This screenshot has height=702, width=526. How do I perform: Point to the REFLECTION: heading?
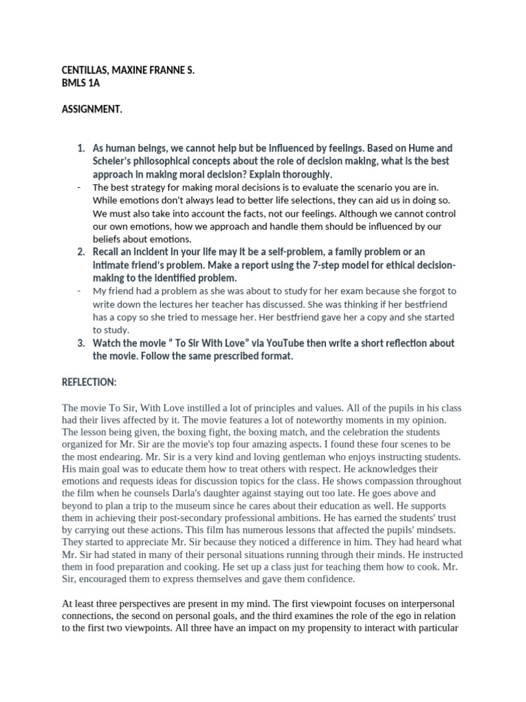[89, 382]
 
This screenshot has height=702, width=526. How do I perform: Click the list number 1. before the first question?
[81, 149]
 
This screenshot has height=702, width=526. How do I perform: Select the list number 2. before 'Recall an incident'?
[81, 253]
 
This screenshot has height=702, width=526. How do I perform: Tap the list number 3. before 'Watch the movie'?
[81, 343]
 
